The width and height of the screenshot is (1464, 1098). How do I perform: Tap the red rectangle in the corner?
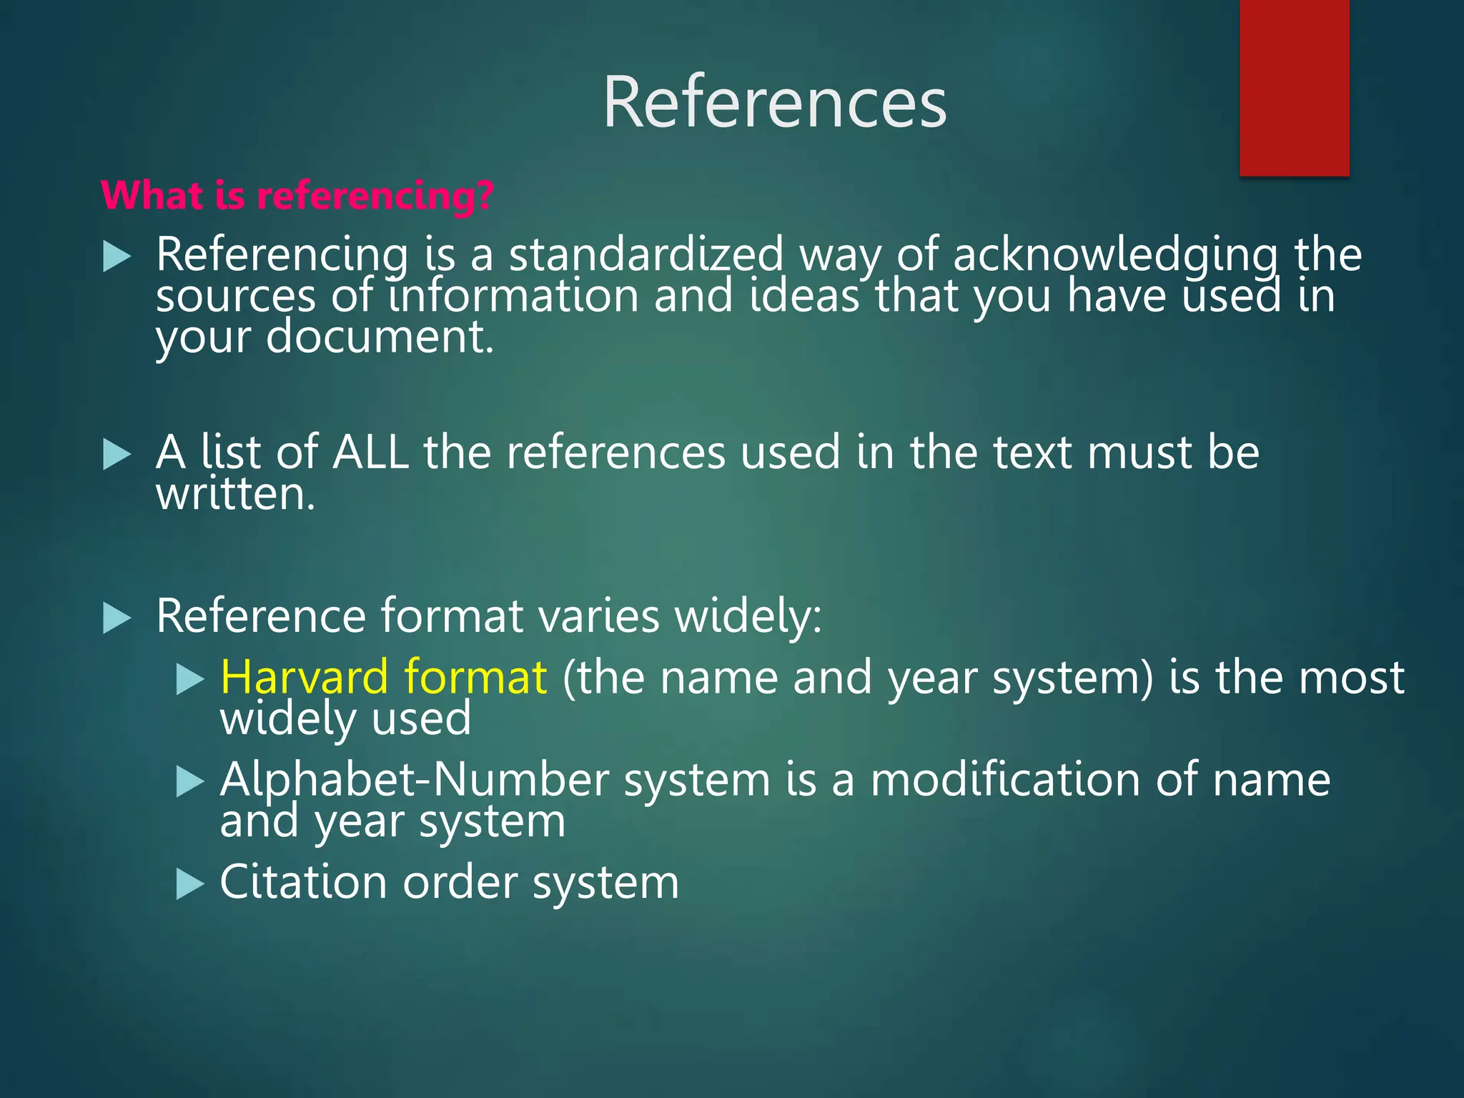1294,87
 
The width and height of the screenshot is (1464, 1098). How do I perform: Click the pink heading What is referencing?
297,195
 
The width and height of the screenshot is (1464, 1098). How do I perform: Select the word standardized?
646,254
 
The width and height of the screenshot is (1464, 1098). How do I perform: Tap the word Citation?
303,882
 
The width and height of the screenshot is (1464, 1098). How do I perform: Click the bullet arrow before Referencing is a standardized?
117,256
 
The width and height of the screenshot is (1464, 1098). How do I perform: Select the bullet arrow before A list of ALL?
117,454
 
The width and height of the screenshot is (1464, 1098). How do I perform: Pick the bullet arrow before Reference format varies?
117,618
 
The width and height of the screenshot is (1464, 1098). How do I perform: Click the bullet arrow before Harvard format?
190,679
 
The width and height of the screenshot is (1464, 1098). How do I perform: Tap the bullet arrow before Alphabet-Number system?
190,781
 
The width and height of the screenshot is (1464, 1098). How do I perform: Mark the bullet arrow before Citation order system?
190,884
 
